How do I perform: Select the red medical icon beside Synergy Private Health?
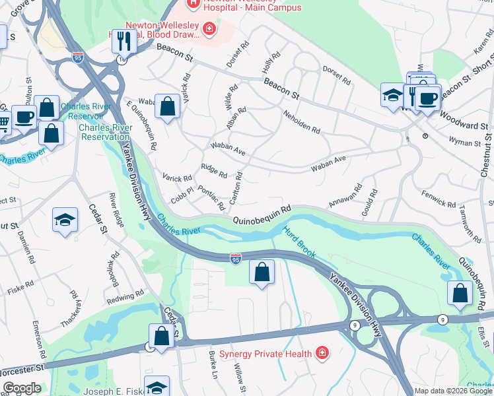coord(322,353)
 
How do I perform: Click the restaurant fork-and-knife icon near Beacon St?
coord(123,41)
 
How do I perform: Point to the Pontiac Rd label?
coord(211,198)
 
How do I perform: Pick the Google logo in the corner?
coord(22,388)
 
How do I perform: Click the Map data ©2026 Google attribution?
coord(452,391)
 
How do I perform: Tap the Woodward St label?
coord(467,125)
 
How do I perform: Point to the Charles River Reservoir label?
coord(86,111)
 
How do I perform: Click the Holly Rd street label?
coord(271,64)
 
